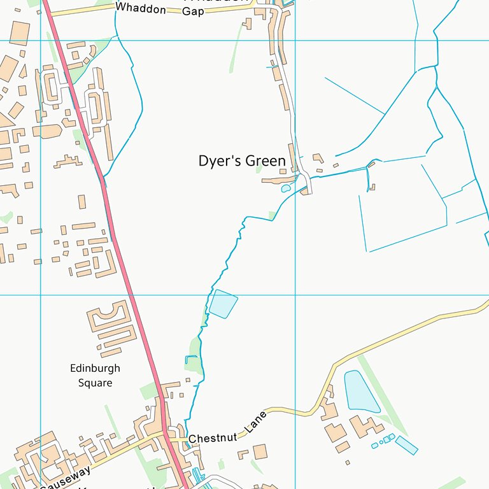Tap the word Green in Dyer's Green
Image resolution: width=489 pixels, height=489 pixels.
click(266, 162)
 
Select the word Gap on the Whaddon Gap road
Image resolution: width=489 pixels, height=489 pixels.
click(193, 11)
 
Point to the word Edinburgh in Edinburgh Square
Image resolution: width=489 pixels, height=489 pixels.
click(95, 369)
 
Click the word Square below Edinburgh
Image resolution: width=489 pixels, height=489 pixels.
click(95, 383)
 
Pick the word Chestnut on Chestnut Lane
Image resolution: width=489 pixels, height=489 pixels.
click(213, 438)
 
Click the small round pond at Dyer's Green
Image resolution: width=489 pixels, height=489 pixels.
click(286, 188)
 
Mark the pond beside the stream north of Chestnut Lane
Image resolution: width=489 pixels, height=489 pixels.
click(223, 303)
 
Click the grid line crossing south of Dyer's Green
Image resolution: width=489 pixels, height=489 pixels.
click(295, 295)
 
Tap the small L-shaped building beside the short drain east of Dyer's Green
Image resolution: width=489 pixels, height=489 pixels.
click(372, 187)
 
